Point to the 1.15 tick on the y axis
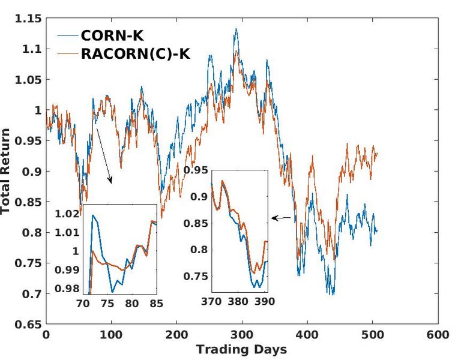click(28, 19)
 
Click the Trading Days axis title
click(241, 349)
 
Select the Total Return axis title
click(7, 172)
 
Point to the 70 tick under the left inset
click(83, 303)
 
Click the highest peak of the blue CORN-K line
click(236, 29)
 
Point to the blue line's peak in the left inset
click(93, 215)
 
